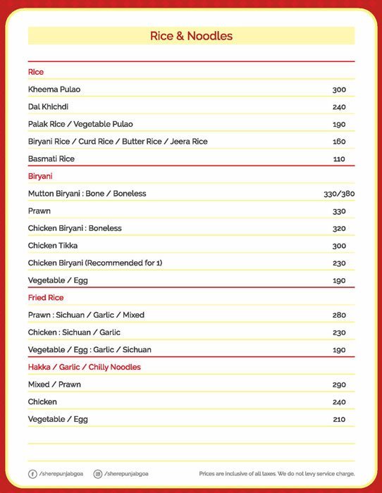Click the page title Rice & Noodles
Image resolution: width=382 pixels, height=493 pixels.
click(191, 36)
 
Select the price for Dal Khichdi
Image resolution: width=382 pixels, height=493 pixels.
click(339, 107)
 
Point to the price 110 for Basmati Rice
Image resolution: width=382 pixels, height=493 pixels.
click(339, 159)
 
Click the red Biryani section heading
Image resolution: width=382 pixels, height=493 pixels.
click(40, 176)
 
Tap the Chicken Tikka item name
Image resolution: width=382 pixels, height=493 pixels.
click(53, 245)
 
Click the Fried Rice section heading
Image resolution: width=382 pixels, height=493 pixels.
click(47, 298)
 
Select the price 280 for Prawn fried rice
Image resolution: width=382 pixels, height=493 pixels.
click(339, 315)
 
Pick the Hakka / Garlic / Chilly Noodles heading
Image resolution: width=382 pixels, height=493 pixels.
click(85, 367)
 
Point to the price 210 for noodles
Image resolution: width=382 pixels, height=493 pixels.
click(339, 420)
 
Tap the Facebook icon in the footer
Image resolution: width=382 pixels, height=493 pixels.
click(32, 474)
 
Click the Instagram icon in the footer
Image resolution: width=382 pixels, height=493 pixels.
click(98, 474)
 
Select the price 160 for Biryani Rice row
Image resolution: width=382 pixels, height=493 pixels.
click(339, 142)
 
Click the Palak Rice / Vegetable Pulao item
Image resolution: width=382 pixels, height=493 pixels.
click(80, 124)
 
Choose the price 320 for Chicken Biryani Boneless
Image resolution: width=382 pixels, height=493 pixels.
click(339, 228)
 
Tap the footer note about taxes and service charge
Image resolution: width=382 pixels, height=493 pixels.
click(277, 474)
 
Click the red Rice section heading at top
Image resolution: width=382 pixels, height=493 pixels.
click(36, 72)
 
